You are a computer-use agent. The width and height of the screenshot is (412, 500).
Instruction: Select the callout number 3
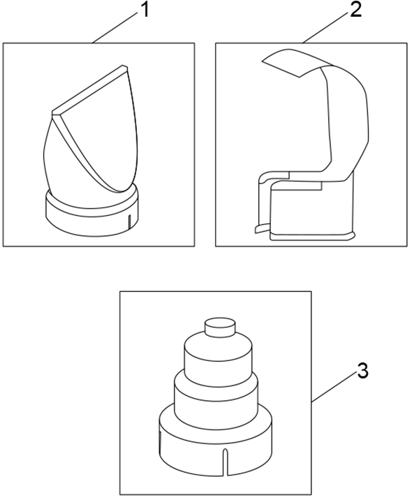pyautogui.click(x=362, y=370)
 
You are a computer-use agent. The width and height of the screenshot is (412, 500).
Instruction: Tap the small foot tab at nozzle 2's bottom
pyautogui.click(x=260, y=228)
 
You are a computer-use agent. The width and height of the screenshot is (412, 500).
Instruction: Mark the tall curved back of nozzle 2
pyautogui.click(x=349, y=126)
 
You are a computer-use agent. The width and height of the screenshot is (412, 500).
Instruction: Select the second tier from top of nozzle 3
pyautogui.click(x=218, y=356)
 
